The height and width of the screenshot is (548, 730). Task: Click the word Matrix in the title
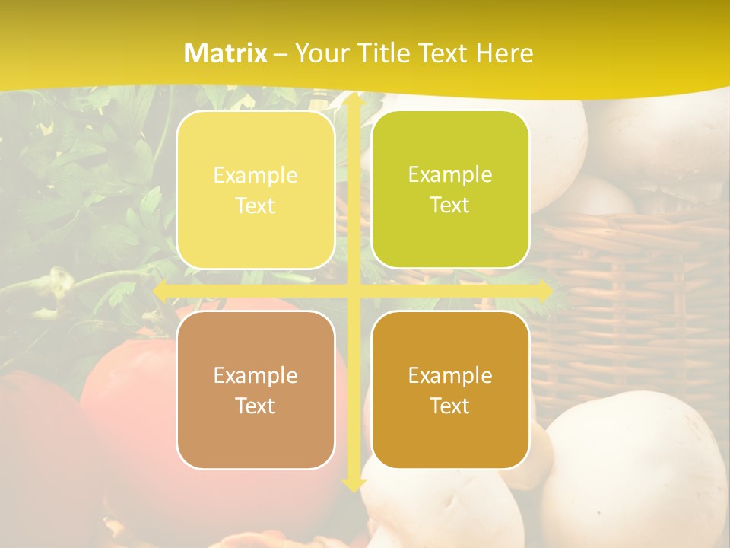(x=226, y=53)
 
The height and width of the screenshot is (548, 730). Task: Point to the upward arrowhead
(x=353, y=100)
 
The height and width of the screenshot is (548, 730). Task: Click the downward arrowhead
(x=353, y=484)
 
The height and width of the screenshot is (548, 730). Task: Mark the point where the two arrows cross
(x=353, y=291)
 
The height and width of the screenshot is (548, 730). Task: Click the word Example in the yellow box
(x=255, y=175)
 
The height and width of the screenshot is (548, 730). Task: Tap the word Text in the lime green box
(x=450, y=205)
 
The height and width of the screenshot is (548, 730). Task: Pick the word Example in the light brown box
(x=255, y=375)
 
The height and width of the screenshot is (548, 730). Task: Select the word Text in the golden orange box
(x=450, y=406)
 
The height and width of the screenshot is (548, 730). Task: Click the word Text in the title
(x=442, y=53)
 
